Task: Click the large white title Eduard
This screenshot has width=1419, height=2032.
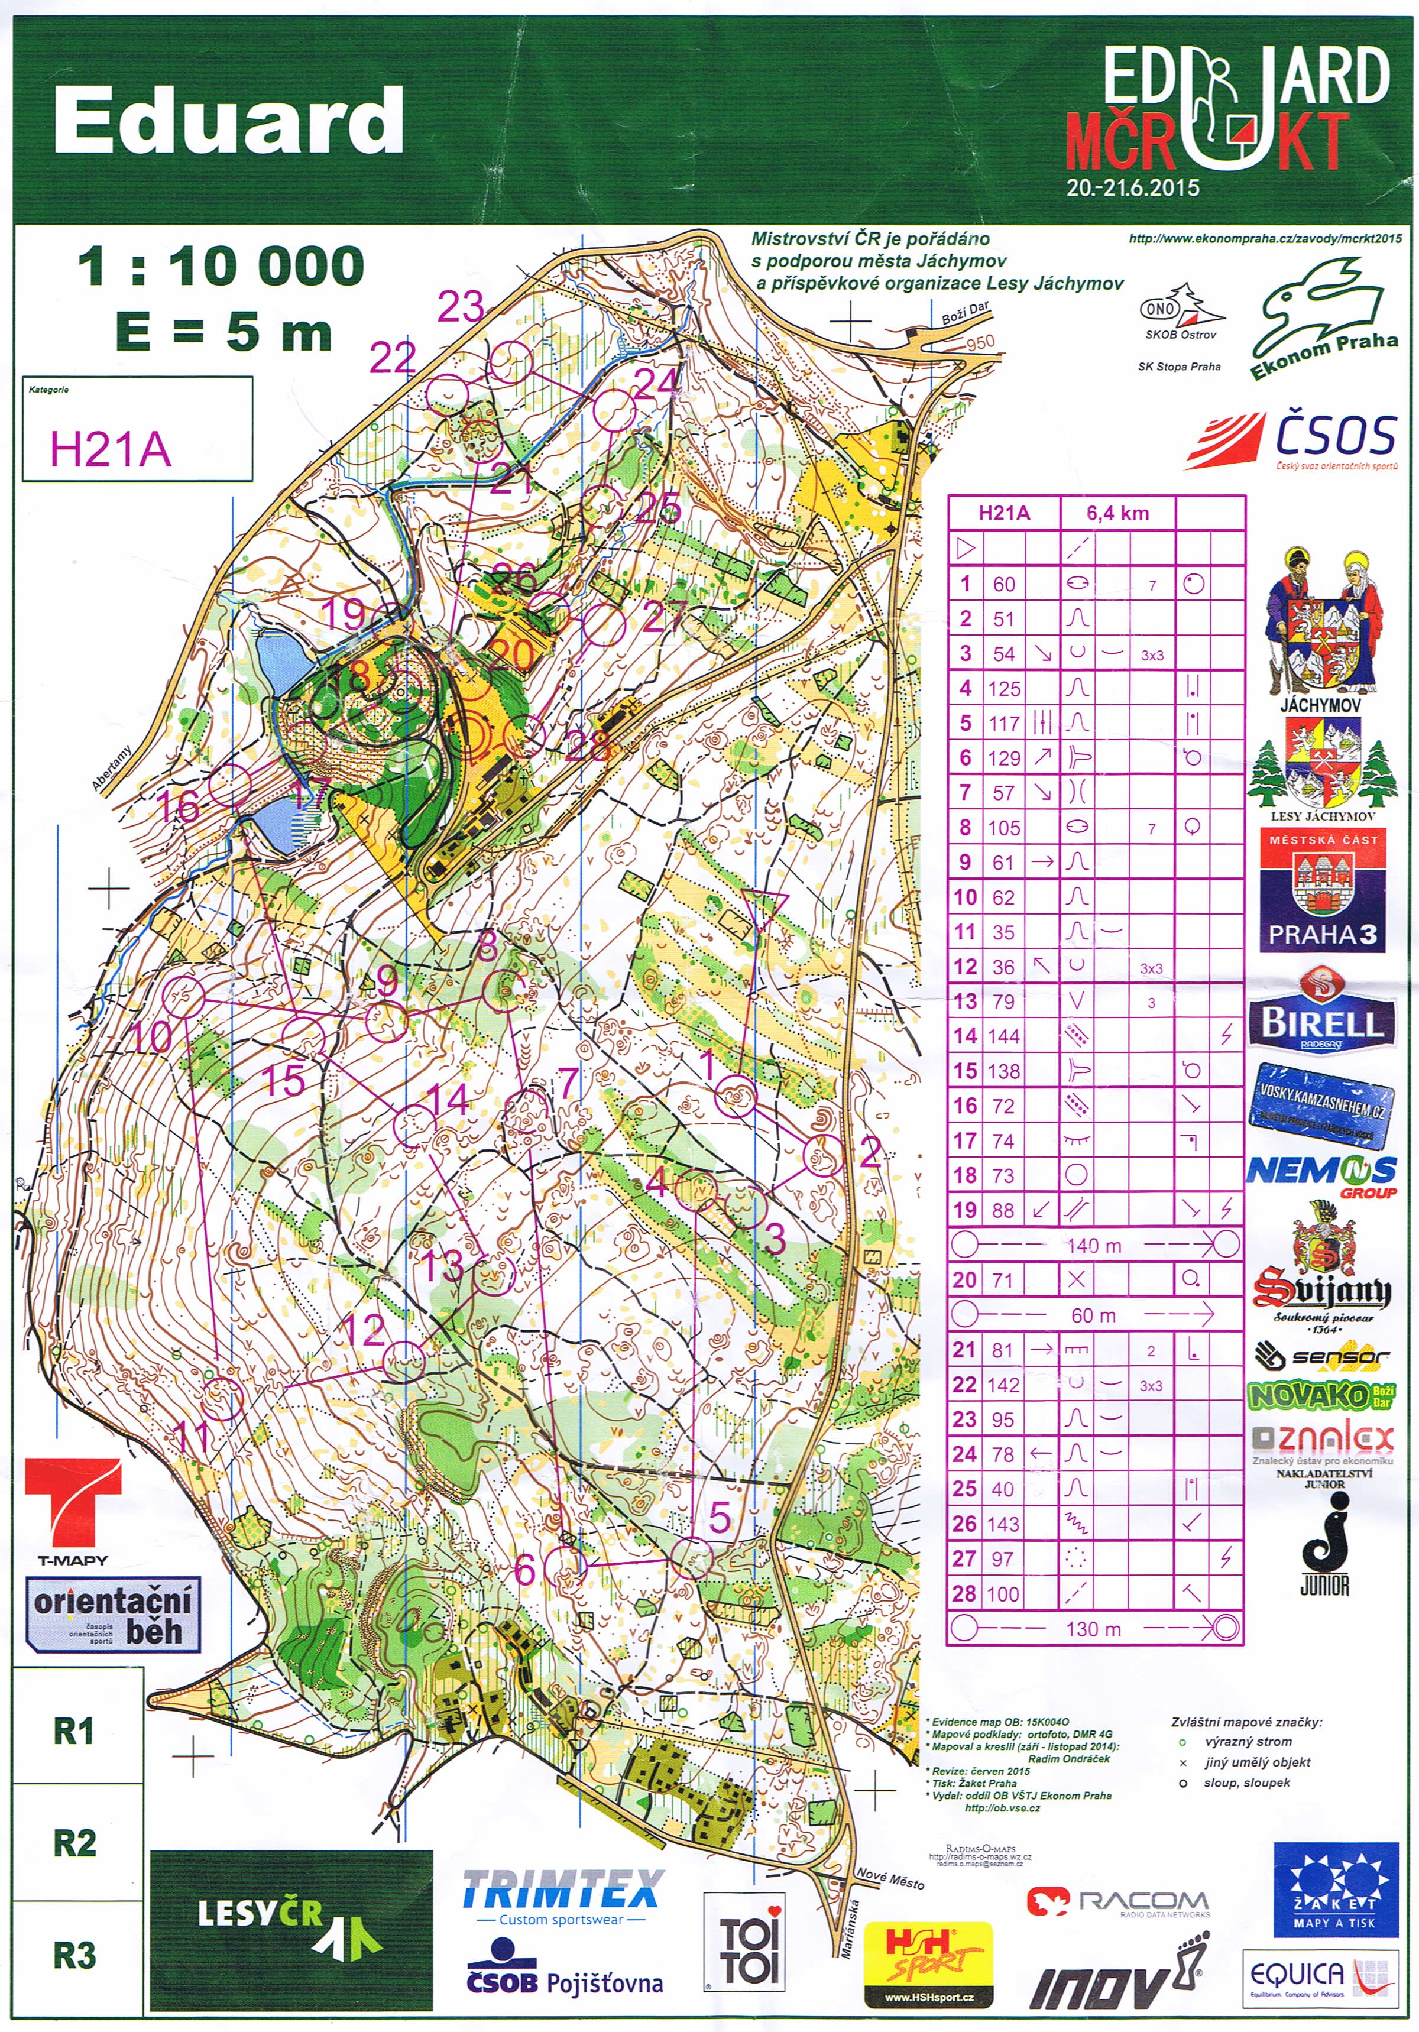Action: tap(228, 121)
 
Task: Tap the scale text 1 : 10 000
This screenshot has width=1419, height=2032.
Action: tap(221, 267)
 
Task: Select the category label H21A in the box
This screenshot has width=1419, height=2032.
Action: tap(111, 449)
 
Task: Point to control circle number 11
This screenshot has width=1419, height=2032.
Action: tap(222, 1398)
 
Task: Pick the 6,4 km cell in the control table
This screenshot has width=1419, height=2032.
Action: tap(1117, 513)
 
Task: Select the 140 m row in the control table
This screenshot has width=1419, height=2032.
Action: tap(1094, 1245)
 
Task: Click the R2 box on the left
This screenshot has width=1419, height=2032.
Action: tap(75, 1843)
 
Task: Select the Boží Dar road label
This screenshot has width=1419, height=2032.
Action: tap(965, 312)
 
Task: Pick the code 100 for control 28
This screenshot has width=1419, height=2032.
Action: tap(1003, 1594)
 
